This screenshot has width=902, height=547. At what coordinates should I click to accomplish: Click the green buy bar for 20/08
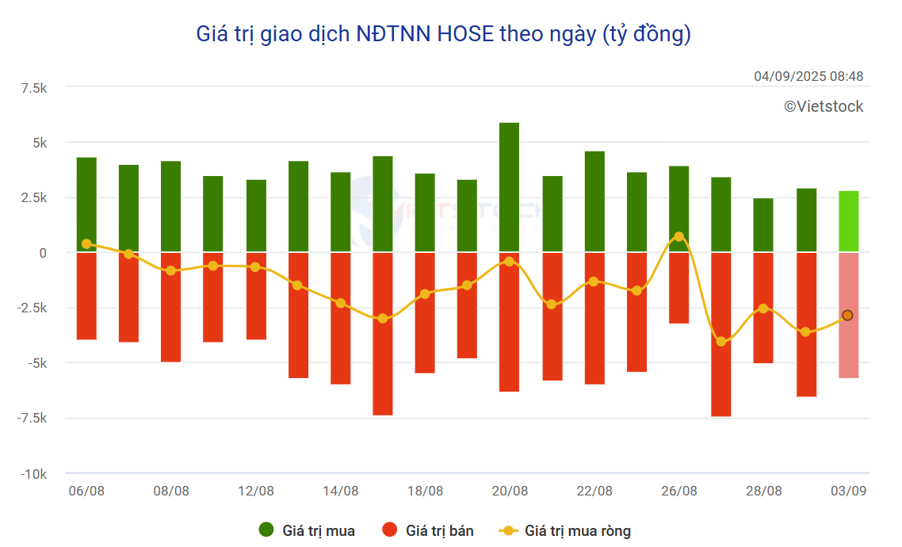point(509,187)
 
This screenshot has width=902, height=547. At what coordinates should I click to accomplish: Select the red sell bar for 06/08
point(86,296)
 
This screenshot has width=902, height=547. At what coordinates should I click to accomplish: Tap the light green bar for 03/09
point(848,221)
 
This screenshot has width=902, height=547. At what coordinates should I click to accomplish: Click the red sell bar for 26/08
point(678,288)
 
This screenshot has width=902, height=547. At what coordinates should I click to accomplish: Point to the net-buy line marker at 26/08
point(678,237)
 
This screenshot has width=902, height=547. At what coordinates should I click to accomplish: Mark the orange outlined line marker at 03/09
point(847,316)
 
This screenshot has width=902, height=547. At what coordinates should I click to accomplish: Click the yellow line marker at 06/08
point(86,244)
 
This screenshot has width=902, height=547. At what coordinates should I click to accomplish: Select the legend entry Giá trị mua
point(307,530)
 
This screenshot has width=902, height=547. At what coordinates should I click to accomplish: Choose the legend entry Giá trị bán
point(428,530)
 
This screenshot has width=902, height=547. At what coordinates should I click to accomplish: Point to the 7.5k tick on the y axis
point(34,87)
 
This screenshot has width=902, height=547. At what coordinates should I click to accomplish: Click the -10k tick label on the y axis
point(33,474)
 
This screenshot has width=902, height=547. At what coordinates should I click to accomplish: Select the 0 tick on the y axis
point(43,253)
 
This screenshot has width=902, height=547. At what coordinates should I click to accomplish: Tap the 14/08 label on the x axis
point(341,492)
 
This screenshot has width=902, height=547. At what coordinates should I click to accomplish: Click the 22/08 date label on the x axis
point(594,492)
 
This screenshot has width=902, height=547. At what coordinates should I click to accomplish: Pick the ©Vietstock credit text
point(824,106)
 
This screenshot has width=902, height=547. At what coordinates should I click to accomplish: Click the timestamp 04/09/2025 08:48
point(808,77)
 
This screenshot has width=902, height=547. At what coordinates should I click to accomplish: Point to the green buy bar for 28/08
point(763,225)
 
